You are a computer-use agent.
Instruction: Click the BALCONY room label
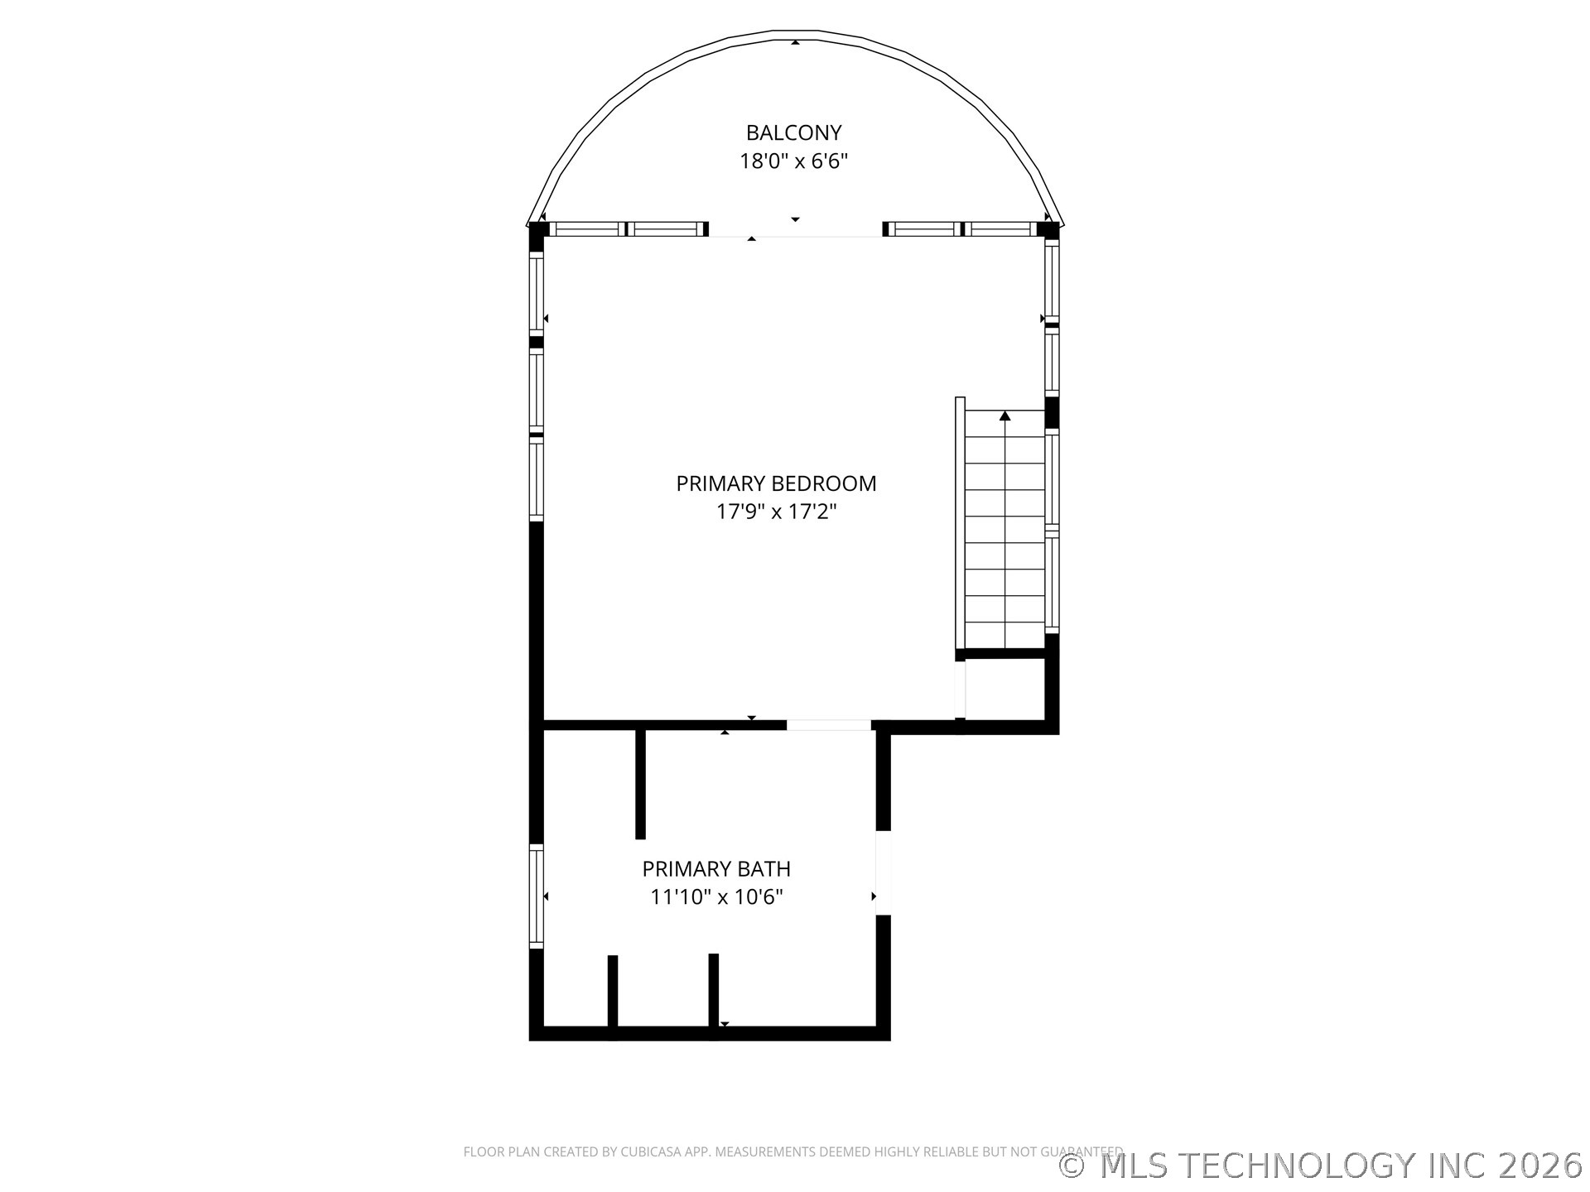tap(793, 132)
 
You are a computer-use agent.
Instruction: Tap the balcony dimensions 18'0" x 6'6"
tap(793, 161)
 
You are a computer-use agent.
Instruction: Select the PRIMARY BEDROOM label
tap(776, 483)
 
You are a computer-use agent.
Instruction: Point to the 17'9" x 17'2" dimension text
tap(776, 512)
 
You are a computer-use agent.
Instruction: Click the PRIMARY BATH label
tap(716, 869)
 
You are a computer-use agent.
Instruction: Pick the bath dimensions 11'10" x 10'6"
tap(716, 897)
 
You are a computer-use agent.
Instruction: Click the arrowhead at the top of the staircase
tap(1005, 416)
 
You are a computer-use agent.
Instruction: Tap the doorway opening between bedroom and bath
tap(828, 725)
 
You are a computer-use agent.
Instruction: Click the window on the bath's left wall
tap(537, 896)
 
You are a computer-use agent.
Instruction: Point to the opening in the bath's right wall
tap(883, 872)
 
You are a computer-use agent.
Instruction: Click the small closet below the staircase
tap(1005, 689)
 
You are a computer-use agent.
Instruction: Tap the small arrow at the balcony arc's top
tap(795, 41)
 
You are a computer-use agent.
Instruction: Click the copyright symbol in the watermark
tap(1073, 1166)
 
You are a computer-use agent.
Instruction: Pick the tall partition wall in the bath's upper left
tap(640, 784)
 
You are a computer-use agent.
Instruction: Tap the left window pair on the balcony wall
tap(626, 229)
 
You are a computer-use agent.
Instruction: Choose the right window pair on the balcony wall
tap(961, 229)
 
